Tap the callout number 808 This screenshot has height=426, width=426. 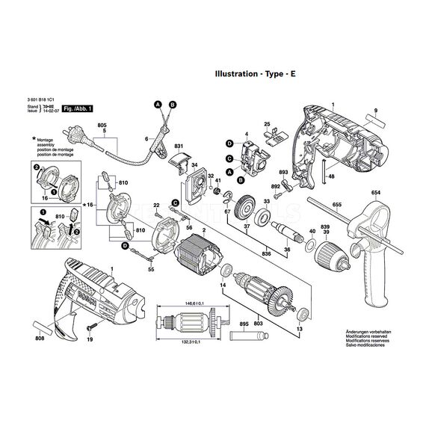39,339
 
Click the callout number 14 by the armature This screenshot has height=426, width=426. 221,286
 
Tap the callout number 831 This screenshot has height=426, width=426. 179,146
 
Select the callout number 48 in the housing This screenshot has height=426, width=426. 330,176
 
